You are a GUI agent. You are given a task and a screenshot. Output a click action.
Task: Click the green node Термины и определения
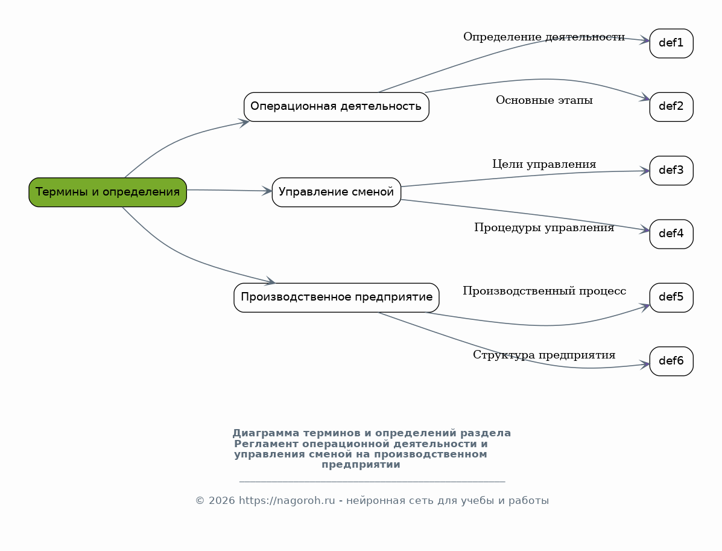pyautogui.click(x=108, y=192)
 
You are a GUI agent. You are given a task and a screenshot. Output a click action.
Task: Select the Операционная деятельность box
pyautogui.click(x=336, y=107)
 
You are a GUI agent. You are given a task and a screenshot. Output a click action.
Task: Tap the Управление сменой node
pyautogui.click(x=336, y=192)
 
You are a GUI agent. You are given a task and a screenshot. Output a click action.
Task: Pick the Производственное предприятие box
pyautogui.click(x=336, y=298)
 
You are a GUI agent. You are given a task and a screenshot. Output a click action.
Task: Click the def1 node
pyautogui.click(x=671, y=43)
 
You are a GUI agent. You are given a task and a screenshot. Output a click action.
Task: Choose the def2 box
pyautogui.click(x=671, y=107)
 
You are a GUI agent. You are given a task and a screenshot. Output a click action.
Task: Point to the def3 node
pyautogui.click(x=671, y=170)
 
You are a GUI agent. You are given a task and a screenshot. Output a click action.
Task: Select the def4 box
pyautogui.click(x=671, y=234)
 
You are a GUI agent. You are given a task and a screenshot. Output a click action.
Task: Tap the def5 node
pyautogui.click(x=671, y=298)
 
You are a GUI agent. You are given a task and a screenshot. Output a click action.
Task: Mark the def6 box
pyautogui.click(x=671, y=361)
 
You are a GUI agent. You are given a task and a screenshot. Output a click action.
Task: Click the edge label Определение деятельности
pyautogui.click(x=544, y=37)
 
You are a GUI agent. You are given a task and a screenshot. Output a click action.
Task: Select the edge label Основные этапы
pyautogui.click(x=544, y=100)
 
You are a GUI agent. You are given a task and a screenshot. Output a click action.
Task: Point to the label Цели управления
pyautogui.click(x=544, y=164)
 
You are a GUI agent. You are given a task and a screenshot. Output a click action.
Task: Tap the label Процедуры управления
pyautogui.click(x=544, y=228)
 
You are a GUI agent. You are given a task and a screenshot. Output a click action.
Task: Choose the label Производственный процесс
pyautogui.click(x=544, y=291)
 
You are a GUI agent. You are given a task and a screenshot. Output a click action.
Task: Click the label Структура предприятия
pyautogui.click(x=544, y=355)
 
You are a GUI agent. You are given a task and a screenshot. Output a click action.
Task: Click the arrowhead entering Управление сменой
pyautogui.click(x=267, y=191)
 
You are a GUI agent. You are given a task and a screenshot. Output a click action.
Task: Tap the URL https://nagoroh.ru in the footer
pyautogui.click(x=287, y=501)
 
